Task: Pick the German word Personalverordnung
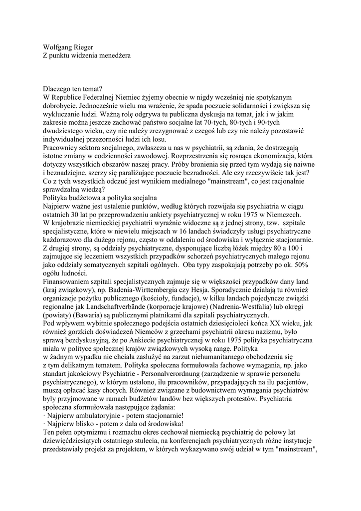[x=156, y=369]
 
